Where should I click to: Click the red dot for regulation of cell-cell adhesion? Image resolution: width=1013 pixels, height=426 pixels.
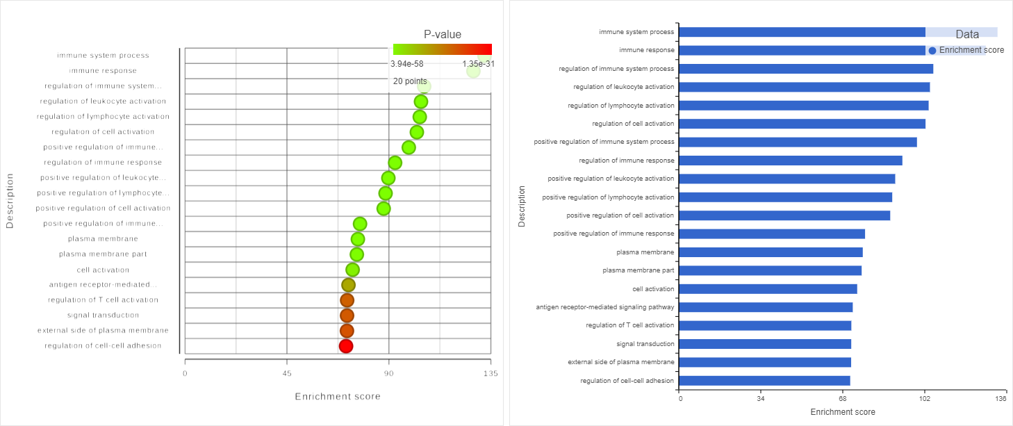346,345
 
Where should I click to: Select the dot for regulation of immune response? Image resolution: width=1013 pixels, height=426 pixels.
395,163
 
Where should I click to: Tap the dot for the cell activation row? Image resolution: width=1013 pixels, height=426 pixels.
352,270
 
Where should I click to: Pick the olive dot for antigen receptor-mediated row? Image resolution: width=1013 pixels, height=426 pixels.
348,285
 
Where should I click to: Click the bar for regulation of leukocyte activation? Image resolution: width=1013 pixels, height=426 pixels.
804,87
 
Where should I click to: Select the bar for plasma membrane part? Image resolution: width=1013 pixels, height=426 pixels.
770,270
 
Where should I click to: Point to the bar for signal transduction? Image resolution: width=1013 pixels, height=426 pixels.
765,344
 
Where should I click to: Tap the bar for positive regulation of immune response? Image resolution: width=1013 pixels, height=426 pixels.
772,234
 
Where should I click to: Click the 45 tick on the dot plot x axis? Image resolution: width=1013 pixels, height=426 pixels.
287,373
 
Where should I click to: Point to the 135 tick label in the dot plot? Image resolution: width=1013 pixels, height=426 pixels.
491,373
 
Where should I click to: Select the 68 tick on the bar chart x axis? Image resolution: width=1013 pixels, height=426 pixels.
843,399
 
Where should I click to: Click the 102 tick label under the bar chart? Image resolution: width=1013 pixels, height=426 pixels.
924,399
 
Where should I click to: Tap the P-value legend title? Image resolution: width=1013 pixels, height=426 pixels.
443,35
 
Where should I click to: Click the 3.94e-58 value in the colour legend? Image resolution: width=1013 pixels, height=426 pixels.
406,64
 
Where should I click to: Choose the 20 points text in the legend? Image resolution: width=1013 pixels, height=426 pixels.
410,81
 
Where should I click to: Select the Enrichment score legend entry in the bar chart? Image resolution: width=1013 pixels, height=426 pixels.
966,50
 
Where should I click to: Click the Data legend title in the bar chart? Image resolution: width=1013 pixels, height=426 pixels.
967,34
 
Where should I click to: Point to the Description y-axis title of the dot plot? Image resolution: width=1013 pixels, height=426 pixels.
10,201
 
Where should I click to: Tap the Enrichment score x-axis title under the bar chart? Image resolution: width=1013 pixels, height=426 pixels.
843,412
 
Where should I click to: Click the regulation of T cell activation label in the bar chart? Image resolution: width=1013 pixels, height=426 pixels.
629,325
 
